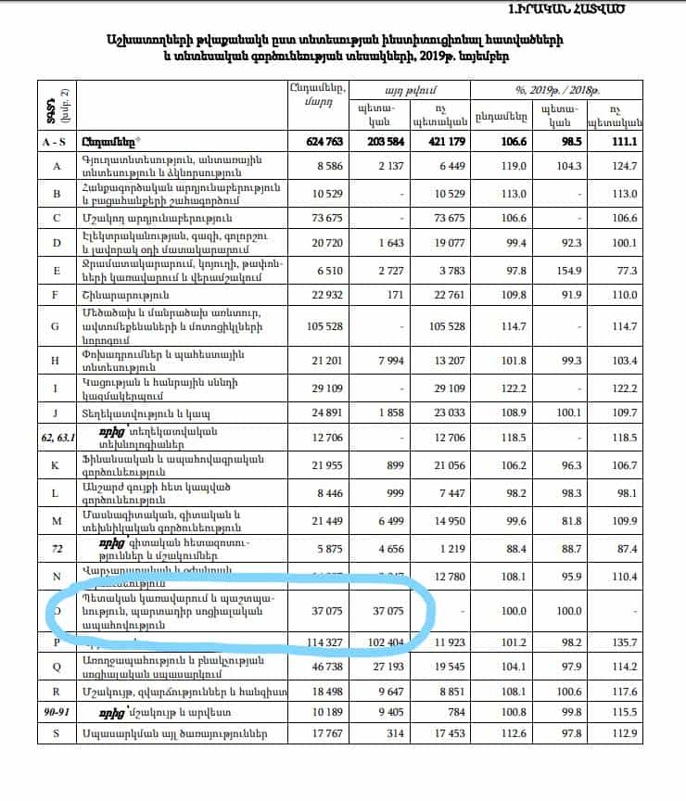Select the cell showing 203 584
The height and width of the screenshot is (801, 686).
click(380, 142)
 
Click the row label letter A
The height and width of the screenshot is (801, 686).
click(57, 166)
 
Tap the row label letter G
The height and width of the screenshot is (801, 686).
click(57, 326)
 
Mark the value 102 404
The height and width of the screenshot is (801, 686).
click(380, 642)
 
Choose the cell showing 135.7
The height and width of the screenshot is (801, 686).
click(626, 642)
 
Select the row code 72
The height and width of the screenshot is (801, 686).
click(57, 550)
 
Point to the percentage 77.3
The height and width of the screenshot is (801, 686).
click(628, 270)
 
